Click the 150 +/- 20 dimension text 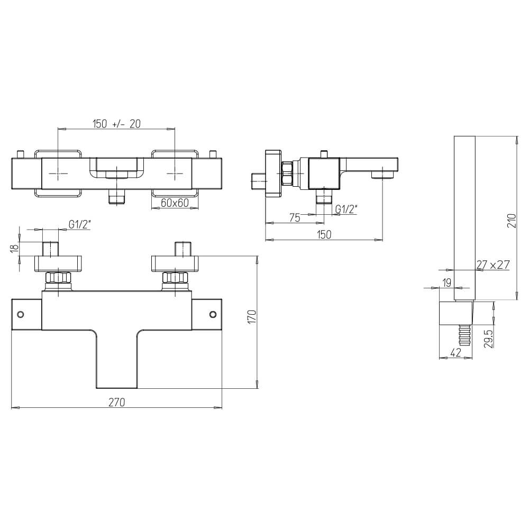(116, 124)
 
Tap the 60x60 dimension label (175, 203)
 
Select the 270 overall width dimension (117, 402)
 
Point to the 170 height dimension (252, 317)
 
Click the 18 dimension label (14, 248)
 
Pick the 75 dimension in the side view (295, 218)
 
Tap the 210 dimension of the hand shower (512, 221)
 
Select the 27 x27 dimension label (492, 265)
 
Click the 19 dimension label (446, 282)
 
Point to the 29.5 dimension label (489, 338)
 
